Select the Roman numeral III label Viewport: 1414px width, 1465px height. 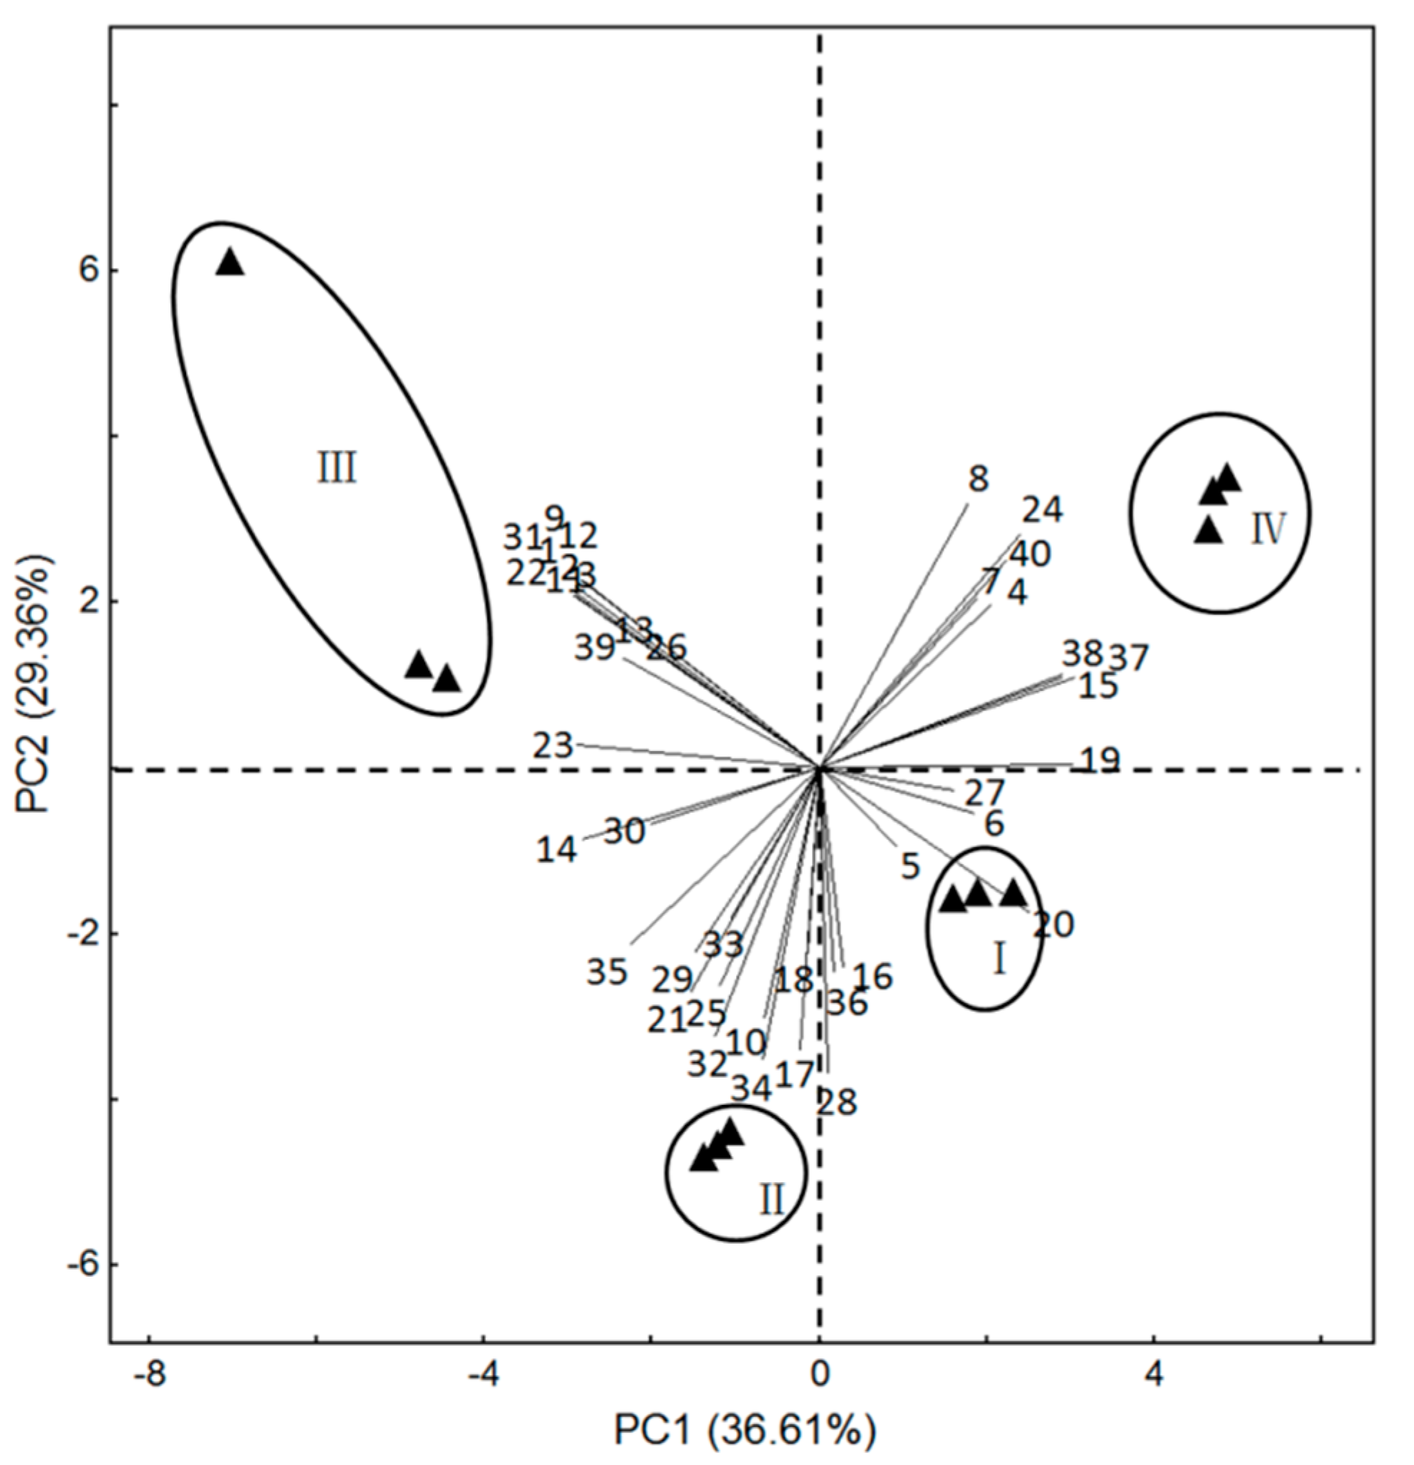(x=337, y=470)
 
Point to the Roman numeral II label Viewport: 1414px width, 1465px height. (x=771, y=1200)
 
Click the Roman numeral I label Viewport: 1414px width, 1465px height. (x=999, y=959)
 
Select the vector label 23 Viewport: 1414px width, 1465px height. (x=553, y=746)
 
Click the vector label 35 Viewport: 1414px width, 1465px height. (x=606, y=972)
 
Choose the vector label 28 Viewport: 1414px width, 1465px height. (x=836, y=1103)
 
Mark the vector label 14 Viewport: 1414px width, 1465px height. (x=557, y=849)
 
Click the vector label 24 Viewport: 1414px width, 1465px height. (x=1042, y=510)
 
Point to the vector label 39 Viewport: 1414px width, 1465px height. (x=595, y=647)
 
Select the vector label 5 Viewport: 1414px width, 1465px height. (x=909, y=867)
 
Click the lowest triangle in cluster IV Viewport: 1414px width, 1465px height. (x=1208, y=531)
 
